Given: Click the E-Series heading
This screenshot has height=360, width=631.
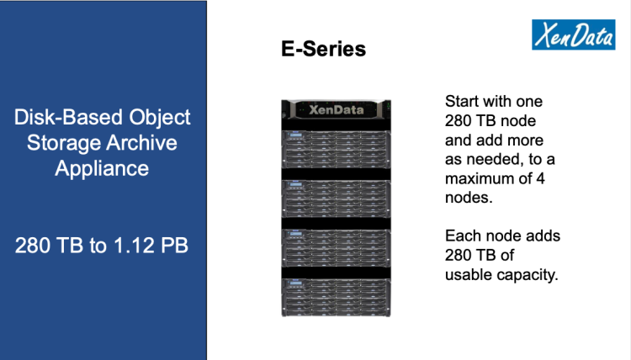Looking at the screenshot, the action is coord(324,49).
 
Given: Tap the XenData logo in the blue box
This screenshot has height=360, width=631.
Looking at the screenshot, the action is coord(574,34).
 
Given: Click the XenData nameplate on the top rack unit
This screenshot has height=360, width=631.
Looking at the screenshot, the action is coord(336,109).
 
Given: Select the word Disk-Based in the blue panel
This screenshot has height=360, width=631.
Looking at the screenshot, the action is coord(68,117).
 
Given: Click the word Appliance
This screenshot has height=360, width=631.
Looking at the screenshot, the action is coord(102,168).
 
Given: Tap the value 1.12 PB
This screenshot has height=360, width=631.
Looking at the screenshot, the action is coord(151,246).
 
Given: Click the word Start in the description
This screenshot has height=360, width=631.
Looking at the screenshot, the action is coord(461,102).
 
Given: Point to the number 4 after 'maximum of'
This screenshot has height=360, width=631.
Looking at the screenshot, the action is coord(541,178).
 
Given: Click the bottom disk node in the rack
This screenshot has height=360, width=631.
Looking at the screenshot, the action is coord(336,298).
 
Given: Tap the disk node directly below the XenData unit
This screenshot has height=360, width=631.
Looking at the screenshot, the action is coord(336,149).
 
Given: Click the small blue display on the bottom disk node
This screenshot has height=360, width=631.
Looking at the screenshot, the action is coord(296,284).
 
